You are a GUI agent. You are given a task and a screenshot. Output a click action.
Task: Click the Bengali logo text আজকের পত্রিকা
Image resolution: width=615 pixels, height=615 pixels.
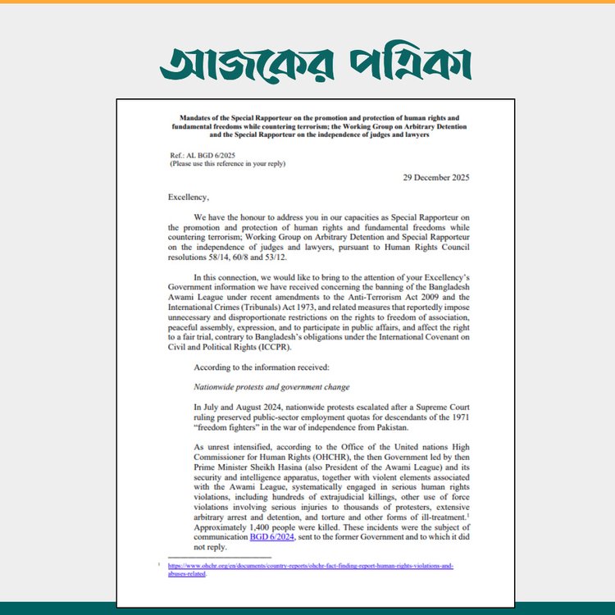coord(316,62)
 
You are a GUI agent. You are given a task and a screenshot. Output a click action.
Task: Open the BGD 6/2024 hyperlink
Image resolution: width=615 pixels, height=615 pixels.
coord(317,538)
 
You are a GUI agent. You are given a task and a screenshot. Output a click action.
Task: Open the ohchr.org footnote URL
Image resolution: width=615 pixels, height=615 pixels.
coord(311,567)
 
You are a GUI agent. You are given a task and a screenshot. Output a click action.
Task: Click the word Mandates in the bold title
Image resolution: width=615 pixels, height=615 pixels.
coord(194,118)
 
